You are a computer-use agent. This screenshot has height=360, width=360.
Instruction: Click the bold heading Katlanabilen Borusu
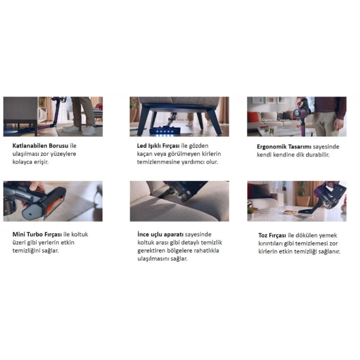[40, 146]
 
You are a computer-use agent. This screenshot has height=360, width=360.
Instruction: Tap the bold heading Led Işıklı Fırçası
[158, 146]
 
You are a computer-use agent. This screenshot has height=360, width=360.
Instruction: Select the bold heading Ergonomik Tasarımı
[284, 147]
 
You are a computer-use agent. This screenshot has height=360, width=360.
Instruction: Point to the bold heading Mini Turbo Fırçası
[37, 235]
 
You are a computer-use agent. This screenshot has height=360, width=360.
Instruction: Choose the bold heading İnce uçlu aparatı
[160, 235]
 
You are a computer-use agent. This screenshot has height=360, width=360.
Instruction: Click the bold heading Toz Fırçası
[272, 236]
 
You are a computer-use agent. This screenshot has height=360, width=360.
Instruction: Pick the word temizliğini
[26, 251]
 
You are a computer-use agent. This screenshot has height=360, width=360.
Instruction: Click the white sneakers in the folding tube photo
[79, 130]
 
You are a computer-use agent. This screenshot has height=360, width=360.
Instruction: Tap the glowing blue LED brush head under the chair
[165, 132]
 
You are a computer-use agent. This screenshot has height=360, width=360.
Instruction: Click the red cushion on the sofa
[253, 117]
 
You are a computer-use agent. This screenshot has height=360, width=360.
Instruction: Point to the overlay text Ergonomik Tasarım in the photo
[276, 120]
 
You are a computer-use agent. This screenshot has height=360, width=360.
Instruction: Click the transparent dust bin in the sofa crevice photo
[183, 194]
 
